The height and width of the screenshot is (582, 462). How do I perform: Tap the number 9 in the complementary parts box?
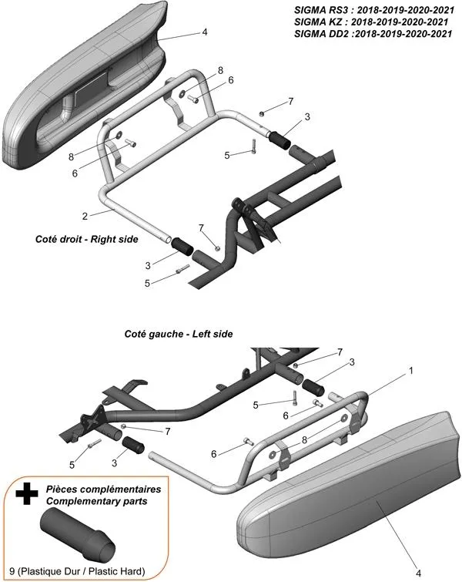click(x=18, y=571)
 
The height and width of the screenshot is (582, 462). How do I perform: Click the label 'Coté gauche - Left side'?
click(x=178, y=334)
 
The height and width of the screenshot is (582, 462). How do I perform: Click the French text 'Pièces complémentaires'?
click(x=103, y=489)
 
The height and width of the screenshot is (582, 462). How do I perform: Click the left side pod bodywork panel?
click(x=346, y=493)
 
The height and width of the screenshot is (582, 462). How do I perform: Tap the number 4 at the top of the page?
click(x=204, y=32)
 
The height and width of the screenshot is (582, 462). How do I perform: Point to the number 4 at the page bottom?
click(x=419, y=573)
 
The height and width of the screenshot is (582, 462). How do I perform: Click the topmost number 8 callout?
click(x=220, y=70)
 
